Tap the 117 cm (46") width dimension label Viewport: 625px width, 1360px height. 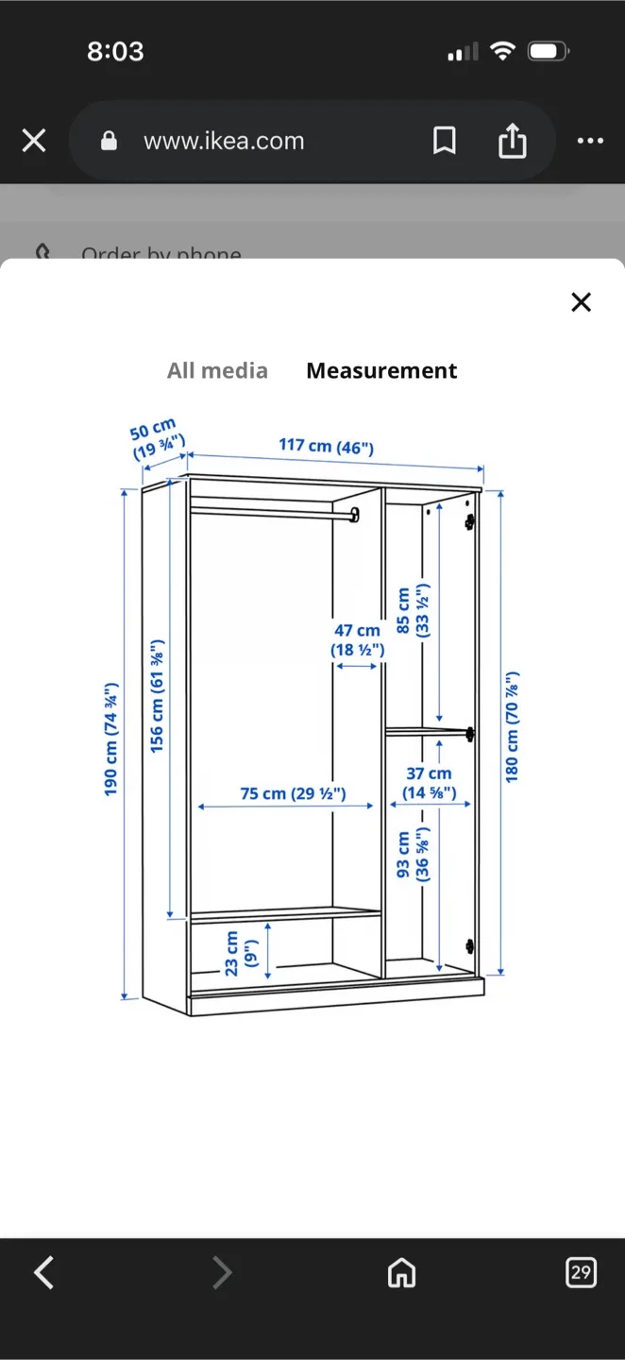(326, 446)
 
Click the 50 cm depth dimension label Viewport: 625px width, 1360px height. (156, 439)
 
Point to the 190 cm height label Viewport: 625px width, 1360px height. (111, 738)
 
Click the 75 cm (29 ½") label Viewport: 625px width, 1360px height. (293, 793)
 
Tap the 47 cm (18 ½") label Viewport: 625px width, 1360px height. (357, 640)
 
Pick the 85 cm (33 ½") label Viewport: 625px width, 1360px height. (412, 611)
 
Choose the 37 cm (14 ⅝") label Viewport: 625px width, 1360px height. (430, 784)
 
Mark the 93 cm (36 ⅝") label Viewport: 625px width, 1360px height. (413, 856)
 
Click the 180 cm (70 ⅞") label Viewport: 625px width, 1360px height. (512, 727)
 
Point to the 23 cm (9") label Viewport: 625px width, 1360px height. (241, 953)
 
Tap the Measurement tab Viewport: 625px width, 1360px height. (381, 371)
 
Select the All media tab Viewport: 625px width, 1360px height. (217, 371)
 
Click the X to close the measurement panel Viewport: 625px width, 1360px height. (581, 302)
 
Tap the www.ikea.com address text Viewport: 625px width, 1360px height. (224, 142)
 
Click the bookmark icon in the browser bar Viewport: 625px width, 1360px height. (444, 142)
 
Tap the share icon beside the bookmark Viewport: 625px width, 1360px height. (512, 142)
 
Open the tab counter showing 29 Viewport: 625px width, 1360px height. (581, 1272)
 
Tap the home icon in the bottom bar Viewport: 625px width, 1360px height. (401, 1273)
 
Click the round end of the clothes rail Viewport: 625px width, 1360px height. (355, 515)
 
